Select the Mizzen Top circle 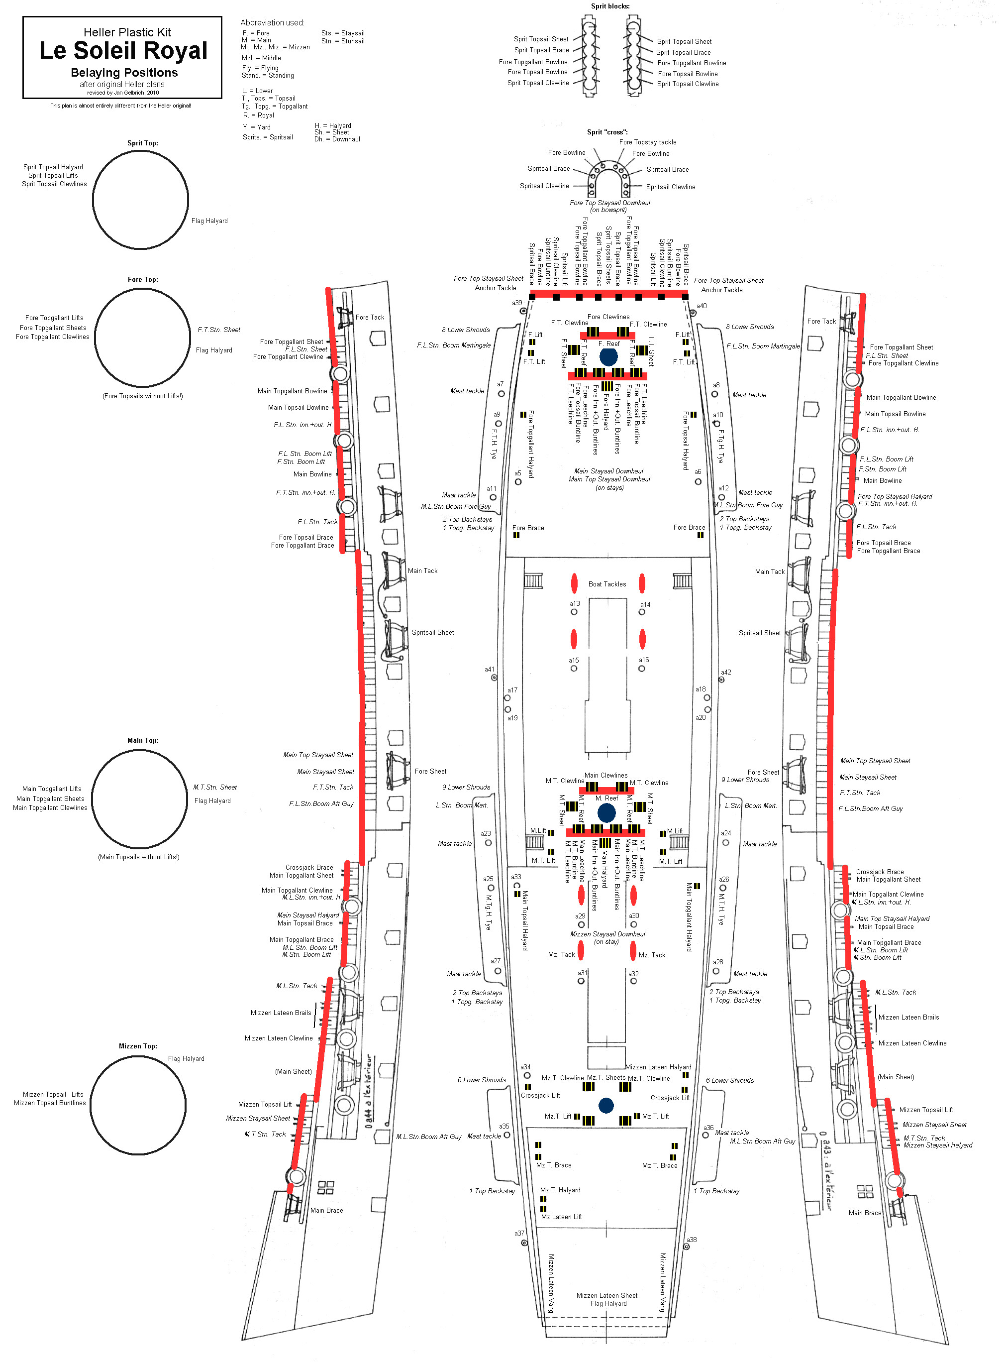tap(138, 1105)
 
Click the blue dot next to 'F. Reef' tap(608, 356)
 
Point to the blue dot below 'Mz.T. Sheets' tap(606, 1105)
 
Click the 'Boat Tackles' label tap(606, 584)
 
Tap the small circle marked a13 tap(574, 612)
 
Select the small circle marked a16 tap(642, 668)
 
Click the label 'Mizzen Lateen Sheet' tap(606, 1296)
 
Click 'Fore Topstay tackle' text tap(647, 142)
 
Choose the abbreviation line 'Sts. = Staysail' tap(342, 33)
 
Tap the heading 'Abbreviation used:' tap(272, 22)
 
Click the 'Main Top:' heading tap(143, 741)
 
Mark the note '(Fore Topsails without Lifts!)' tap(142, 396)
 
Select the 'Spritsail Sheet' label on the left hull tap(432, 632)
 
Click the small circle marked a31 tap(581, 980)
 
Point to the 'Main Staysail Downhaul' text tap(608, 471)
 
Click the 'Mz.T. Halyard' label tap(560, 1190)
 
